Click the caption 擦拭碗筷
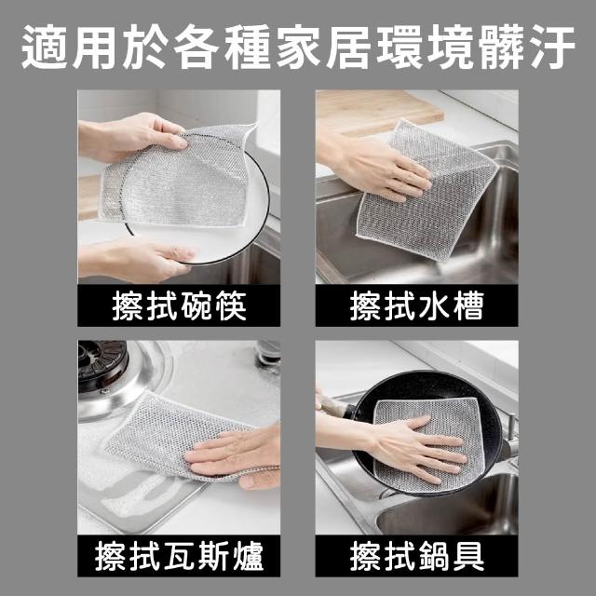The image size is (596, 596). point(179,306)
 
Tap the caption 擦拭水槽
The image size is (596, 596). point(416,306)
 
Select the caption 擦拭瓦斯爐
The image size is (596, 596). point(179,556)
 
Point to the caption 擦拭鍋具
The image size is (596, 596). point(416,556)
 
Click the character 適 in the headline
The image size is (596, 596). point(45,47)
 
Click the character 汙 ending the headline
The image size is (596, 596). point(551,47)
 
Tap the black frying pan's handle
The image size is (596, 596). point(334,406)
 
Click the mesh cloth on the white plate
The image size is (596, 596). point(179,179)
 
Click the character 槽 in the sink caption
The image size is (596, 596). point(468,306)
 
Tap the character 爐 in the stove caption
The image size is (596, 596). point(249,556)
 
